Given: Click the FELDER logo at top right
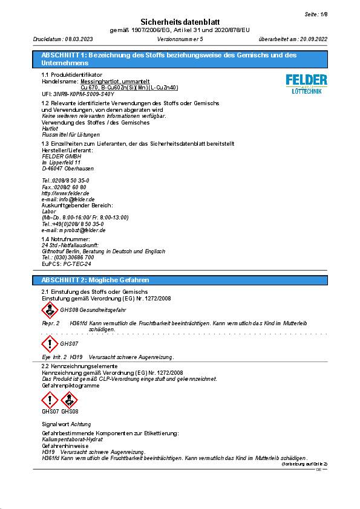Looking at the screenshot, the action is [306, 83].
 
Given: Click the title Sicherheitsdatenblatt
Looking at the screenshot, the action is [180, 21].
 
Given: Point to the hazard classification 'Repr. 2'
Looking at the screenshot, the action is [50, 324].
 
